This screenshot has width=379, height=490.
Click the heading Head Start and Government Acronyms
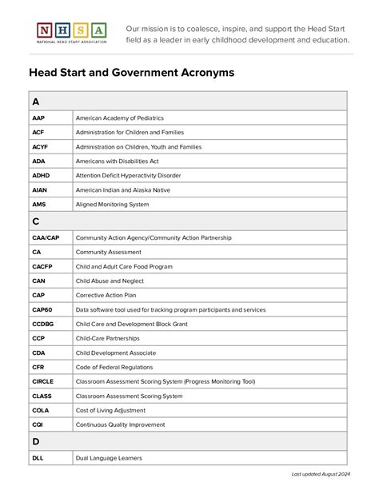click(132, 73)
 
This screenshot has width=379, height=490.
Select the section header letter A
click(36, 102)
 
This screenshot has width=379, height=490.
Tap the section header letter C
click(36, 221)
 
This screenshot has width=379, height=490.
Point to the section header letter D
click(36, 441)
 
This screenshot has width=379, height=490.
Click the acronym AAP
click(38, 118)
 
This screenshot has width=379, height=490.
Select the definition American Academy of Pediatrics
click(126, 118)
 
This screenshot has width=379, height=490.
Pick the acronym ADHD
click(41, 175)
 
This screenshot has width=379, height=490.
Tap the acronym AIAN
click(40, 190)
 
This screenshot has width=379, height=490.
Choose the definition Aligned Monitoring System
click(112, 205)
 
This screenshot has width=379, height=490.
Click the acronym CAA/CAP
click(46, 237)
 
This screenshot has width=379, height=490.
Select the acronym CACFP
click(42, 266)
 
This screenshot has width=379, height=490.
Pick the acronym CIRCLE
click(43, 381)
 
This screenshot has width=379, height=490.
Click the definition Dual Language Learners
click(109, 458)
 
